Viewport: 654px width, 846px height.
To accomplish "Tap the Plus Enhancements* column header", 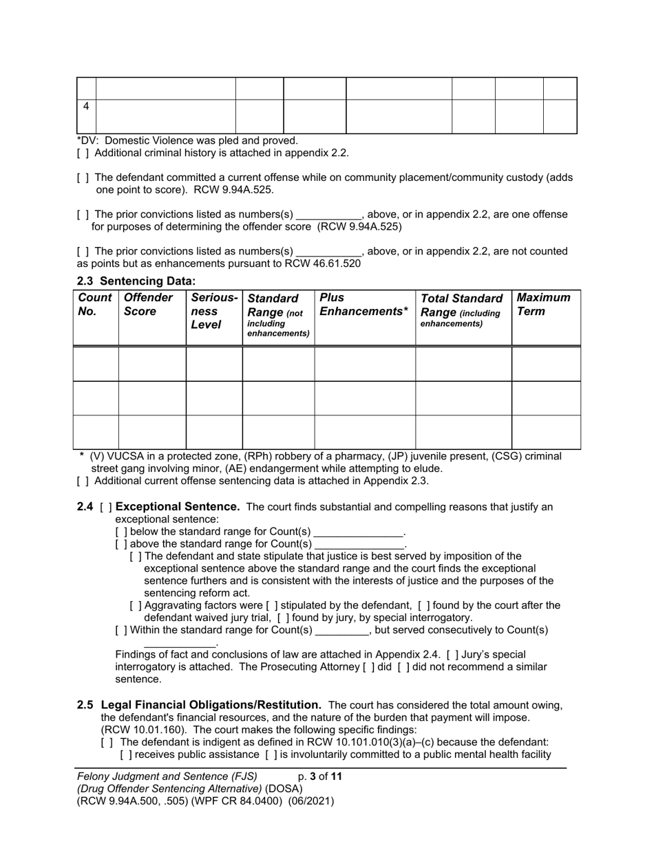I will [x=363, y=305].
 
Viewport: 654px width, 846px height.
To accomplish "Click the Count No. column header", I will [x=95, y=305].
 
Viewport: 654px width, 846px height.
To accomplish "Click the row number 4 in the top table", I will [x=86, y=107].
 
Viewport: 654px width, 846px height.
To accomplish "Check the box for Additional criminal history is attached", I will [x=83, y=153].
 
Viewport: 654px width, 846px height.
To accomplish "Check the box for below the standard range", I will [x=121, y=532].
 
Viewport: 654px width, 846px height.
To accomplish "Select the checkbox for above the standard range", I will [x=121, y=545].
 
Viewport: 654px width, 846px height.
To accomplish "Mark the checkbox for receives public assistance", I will [x=126, y=755].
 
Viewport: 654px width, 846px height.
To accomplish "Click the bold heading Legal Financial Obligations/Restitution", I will [x=211, y=705].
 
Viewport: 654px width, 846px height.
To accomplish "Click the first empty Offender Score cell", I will [x=152, y=363].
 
